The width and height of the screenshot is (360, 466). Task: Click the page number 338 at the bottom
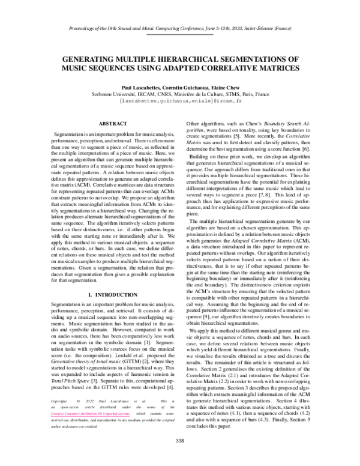[179, 441]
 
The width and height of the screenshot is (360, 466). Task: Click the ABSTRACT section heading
[99, 123]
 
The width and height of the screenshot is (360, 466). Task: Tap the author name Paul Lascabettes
[139, 87]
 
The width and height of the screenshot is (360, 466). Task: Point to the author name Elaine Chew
[223, 87]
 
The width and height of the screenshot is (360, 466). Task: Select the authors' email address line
[179, 101]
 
